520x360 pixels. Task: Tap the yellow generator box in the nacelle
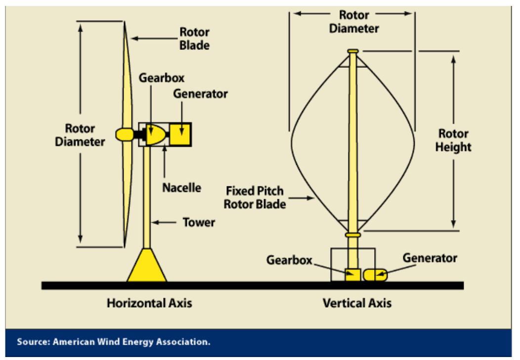coord(181,134)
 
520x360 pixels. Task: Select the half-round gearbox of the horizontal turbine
coord(158,134)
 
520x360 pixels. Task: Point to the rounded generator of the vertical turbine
coord(376,275)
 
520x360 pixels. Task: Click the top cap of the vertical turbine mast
coord(352,51)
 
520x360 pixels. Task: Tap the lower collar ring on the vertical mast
coord(353,235)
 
